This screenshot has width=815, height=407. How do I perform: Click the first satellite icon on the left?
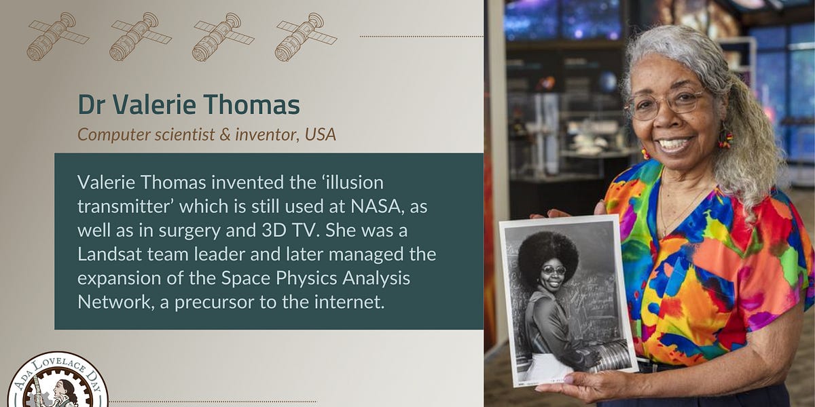coord(57,36)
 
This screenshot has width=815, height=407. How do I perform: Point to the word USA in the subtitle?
coord(321,134)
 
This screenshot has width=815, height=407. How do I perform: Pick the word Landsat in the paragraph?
coord(107,254)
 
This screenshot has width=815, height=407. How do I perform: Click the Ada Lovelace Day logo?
coord(58,383)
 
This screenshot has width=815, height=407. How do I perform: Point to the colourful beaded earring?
coord(726,138)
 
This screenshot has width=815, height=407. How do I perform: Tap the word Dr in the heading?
coord(92,105)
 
